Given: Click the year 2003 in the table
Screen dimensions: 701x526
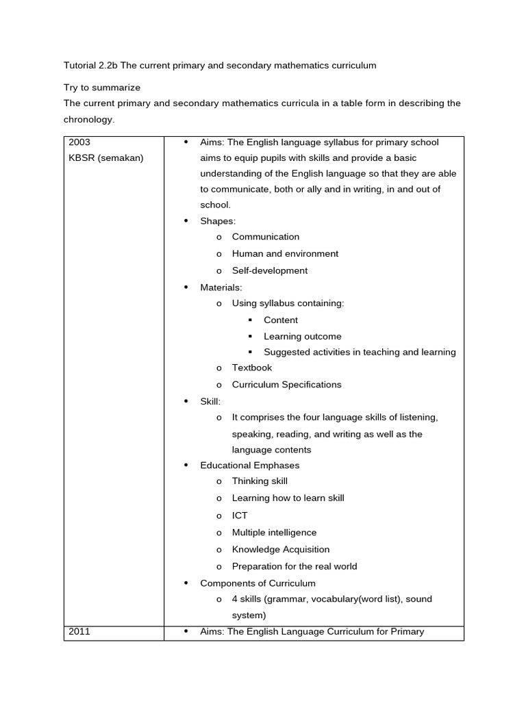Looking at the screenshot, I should pyautogui.click(x=79, y=142).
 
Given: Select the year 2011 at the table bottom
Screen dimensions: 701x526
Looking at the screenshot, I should pyautogui.click(x=79, y=632).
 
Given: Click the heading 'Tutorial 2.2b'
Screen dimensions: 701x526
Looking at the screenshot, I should pyautogui.click(x=92, y=66).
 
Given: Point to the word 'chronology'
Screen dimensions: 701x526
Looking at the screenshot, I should pyautogui.click(x=88, y=120).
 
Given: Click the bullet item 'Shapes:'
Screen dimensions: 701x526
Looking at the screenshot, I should pyautogui.click(x=218, y=220).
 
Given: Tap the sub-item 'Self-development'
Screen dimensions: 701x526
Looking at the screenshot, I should pyautogui.click(x=270, y=270).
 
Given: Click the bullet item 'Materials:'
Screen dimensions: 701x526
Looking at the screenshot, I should pyautogui.click(x=221, y=288).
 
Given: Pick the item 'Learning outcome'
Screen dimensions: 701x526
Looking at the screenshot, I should pyautogui.click(x=302, y=336).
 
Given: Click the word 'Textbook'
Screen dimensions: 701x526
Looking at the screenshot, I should pyautogui.click(x=252, y=368).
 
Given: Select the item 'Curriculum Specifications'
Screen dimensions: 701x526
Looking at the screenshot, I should pyautogui.click(x=286, y=385).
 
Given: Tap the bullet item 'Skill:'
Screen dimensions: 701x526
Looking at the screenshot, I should pyautogui.click(x=210, y=401).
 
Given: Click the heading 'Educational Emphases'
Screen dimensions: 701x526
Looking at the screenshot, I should pyautogui.click(x=249, y=466).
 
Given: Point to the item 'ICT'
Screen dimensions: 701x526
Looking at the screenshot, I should pyautogui.click(x=240, y=515).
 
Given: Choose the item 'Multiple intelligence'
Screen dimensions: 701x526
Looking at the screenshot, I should pyautogui.click(x=274, y=533).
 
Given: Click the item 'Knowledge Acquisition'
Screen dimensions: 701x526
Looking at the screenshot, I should pyautogui.click(x=281, y=549).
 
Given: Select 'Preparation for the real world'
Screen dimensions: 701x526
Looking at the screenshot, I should pyautogui.click(x=295, y=566).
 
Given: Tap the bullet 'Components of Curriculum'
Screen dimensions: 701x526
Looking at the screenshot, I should pyautogui.click(x=258, y=583).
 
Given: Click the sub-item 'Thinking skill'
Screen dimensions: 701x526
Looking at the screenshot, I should pyautogui.click(x=260, y=481).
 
